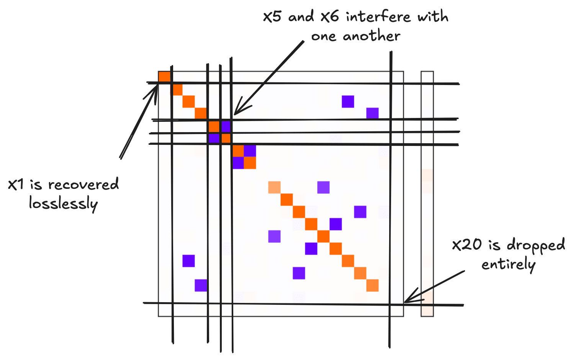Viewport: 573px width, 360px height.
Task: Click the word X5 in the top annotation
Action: pos(272,17)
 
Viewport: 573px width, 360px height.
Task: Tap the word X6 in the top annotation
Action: pos(329,17)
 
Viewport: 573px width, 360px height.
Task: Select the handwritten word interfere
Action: pos(378,16)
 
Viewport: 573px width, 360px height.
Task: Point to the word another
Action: pos(372,36)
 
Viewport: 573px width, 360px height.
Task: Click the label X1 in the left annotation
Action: pos(16,185)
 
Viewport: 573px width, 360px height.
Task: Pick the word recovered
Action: pos(83,185)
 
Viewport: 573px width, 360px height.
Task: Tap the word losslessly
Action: pos(64,203)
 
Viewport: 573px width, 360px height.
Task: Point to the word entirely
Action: pos(508,265)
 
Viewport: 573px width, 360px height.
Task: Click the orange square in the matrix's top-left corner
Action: pos(164,77)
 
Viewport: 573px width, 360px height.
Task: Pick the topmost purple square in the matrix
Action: pos(348,101)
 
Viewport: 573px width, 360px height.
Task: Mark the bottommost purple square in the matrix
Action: pos(201,285)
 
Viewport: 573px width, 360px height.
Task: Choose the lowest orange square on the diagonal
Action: pos(372,285)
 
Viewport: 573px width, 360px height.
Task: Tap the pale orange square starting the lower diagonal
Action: pos(274,187)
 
